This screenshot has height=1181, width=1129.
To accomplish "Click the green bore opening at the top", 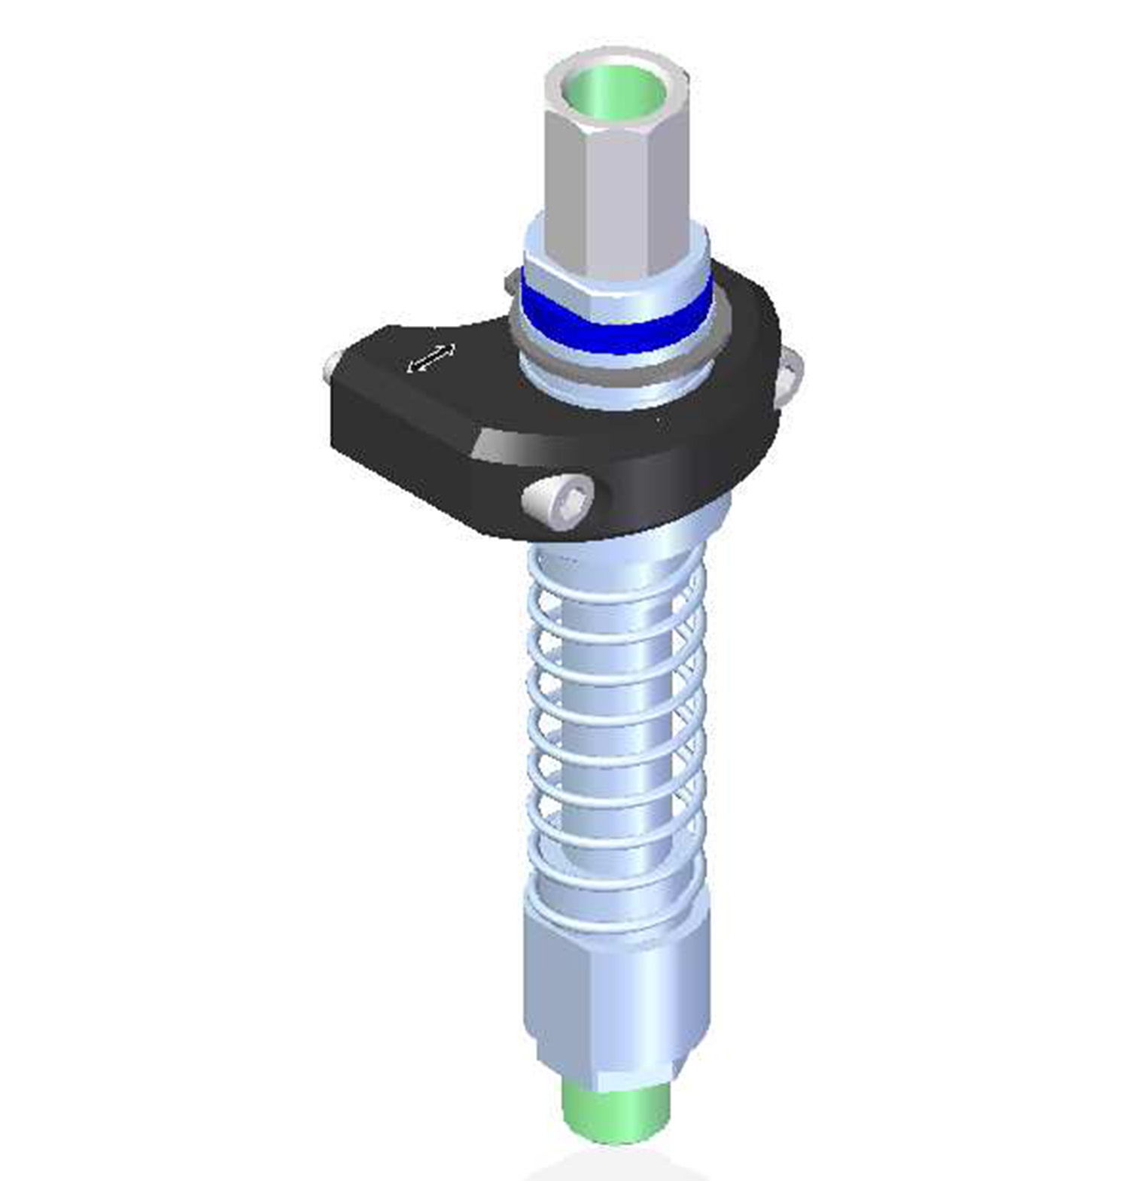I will point(616,94).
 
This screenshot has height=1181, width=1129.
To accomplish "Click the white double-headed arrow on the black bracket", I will point(431,358).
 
